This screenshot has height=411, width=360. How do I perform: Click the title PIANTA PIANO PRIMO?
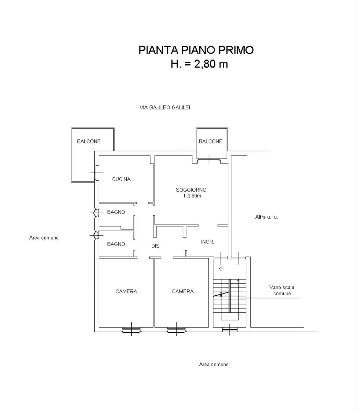[x=196, y=50]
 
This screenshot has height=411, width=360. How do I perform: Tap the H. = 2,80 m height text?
[x=199, y=64]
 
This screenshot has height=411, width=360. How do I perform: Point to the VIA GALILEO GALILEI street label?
[x=165, y=107]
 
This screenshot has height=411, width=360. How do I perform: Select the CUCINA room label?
[x=121, y=179]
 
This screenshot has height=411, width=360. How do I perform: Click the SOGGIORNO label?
[x=191, y=190]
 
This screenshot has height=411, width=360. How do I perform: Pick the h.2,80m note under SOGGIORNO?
[x=192, y=196]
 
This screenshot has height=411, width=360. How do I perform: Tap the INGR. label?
[x=207, y=242]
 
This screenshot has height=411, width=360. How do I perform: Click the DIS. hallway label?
[x=156, y=246]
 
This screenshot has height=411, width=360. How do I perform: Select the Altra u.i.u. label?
[x=266, y=217]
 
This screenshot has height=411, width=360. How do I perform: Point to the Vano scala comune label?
[x=282, y=290]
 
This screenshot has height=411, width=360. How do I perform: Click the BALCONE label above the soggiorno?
[x=210, y=141]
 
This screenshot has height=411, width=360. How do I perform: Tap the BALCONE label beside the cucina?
[x=89, y=141]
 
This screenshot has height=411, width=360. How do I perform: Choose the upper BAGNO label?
[x=116, y=212]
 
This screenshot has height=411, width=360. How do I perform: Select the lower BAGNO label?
[x=116, y=244]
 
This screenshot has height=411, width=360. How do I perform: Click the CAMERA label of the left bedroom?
[x=126, y=291]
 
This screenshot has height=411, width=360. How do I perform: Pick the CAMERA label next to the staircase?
[x=183, y=291]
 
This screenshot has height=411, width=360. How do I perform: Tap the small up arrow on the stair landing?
[x=221, y=269]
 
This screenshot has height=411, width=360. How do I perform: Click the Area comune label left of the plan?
[x=44, y=238]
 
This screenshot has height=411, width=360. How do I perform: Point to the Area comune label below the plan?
[x=214, y=364]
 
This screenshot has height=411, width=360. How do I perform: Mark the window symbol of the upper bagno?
[x=96, y=213]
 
